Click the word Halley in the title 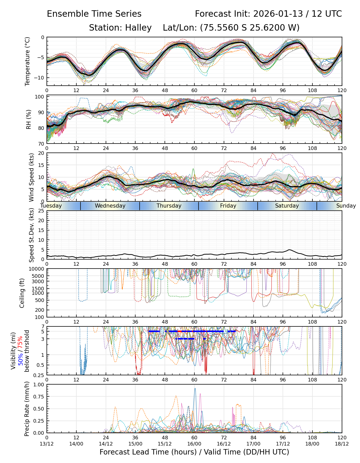[x=138, y=28]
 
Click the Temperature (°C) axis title [x=27, y=61]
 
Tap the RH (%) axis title [x=28, y=119]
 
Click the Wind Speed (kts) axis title [x=31, y=177]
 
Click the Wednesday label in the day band [x=110, y=206]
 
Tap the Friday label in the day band [x=228, y=206]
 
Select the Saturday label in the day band [x=287, y=206]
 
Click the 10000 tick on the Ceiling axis [x=38, y=269]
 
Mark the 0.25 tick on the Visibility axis [x=40, y=375]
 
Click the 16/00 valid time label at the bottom [x=194, y=444]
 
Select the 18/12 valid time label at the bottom [x=342, y=444]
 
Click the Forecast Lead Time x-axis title [x=194, y=452]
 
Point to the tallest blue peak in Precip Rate [x=195, y=388]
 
